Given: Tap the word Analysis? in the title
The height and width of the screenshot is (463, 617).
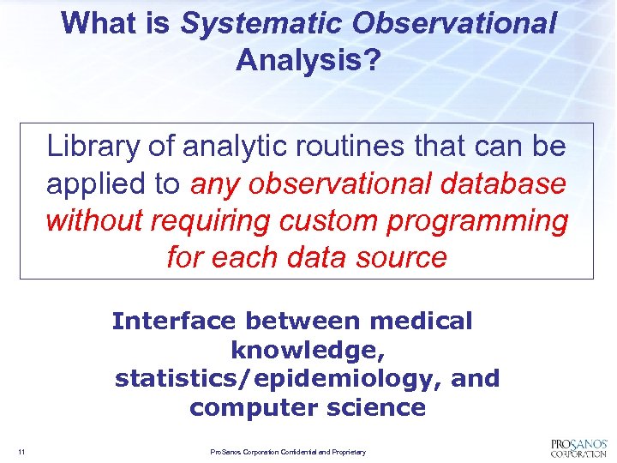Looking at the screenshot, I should click(x=307, y=60).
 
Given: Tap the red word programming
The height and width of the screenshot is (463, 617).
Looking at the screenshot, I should click(x=477, y=220).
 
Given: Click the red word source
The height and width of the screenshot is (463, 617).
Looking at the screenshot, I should click(x=404, y=257).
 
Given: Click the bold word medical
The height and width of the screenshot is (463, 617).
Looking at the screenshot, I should click(x=421, y=321).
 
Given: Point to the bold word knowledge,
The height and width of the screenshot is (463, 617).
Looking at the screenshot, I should click(x=307, y=350).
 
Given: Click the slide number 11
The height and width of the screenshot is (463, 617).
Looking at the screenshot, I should click(x=20, y=452).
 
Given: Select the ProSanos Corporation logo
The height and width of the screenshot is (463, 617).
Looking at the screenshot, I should click(x=578, y=447).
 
